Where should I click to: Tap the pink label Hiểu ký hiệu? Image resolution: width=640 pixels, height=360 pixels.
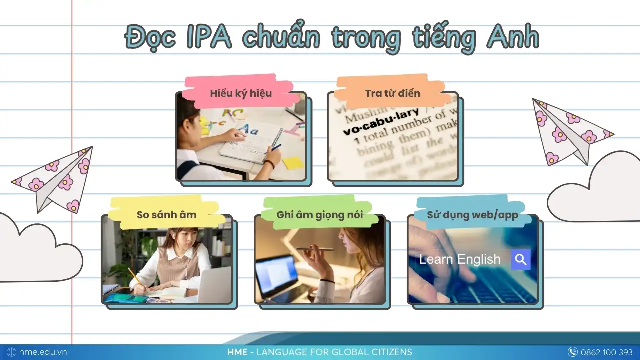(241, 93)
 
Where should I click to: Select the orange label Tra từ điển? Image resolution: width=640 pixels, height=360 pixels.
(392, 93)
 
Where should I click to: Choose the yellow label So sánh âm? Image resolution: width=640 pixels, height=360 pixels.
(166, 215)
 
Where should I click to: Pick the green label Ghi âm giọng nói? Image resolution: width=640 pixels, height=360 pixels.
(320, 215)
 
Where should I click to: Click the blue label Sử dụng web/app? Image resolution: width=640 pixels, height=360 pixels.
(472, 215)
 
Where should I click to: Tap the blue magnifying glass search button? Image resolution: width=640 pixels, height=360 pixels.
(521, 259)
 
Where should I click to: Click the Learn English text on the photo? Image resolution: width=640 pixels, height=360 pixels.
(459, 259)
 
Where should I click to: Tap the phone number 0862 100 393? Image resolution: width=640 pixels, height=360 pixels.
(606, 352)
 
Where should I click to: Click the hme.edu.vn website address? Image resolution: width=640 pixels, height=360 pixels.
(43, 352)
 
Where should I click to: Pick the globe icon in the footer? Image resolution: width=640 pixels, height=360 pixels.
(11, 352)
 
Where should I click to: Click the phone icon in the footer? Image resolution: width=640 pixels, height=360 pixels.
(573, 352)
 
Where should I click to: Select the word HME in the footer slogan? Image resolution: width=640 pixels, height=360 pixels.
(237, 352)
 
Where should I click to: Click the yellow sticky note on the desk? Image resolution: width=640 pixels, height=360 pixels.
(293, 162)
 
